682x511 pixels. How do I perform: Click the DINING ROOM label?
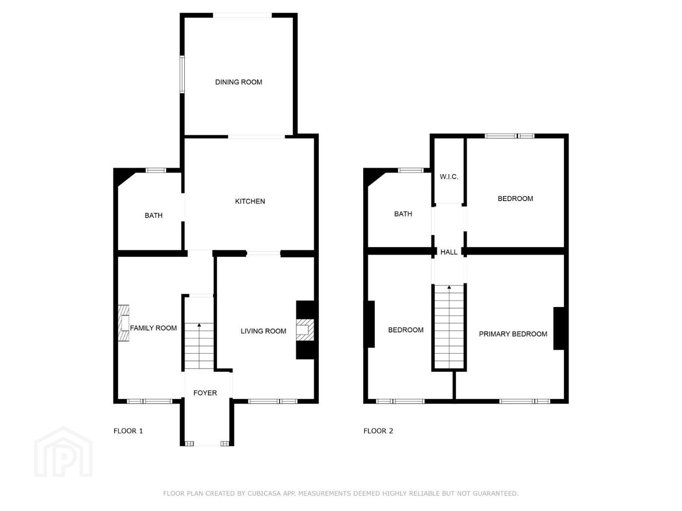(x=239, y=82)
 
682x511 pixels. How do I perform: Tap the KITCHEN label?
(x=250, y=202)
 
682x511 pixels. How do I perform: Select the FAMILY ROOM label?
(x=153, y=328)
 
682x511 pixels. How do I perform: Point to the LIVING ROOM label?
(x=263, y=331)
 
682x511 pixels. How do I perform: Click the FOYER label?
(x=205, y=393)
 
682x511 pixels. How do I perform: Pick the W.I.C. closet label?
(x=449, y=177)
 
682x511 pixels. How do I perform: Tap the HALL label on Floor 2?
(x=449, y=252)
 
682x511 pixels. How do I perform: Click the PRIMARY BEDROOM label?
(x=513, y=334)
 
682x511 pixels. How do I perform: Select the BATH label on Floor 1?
(x=153, y=215)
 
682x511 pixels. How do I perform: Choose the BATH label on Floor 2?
(x=403, y=214)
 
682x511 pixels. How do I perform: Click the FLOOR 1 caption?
(x=128, y=431)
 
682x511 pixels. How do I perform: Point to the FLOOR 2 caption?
(x=378, y=431)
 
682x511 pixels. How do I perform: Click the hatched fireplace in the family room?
(x=124, y=323)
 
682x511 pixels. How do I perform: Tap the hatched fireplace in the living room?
(x=305, y=329)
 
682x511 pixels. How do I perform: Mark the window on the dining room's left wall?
(x=182, y=74)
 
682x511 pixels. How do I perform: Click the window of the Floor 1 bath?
(x=156, y=170)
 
